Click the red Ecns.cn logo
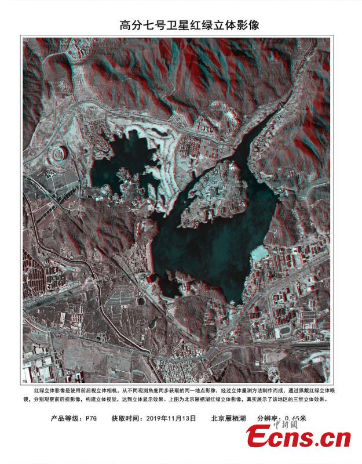coord(298,437)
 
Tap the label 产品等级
coord(64,418)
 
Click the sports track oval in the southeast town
coord(284,331)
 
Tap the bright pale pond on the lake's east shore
coord(259,253)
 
